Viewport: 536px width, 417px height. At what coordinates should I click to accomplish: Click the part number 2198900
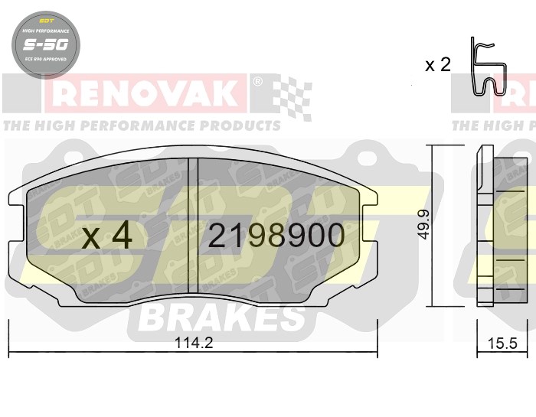tap(276, 236)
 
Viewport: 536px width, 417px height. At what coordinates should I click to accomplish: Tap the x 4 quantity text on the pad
tap(106, 236)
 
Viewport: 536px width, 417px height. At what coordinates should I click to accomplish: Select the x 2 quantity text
tap(437, 65)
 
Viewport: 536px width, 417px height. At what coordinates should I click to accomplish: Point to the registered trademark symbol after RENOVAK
tap(257, 80)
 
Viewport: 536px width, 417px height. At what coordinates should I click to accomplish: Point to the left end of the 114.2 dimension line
tap(9, 353)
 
